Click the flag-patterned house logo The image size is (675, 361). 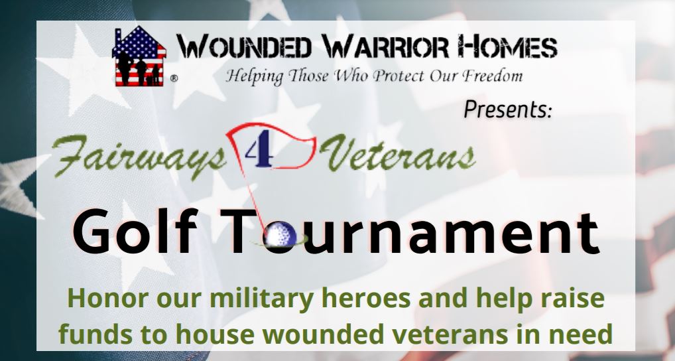coord(139,56)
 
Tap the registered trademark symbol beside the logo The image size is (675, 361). coord(174,78)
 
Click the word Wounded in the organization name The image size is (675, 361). coord(244,46)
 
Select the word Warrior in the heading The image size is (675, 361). coord(385,46)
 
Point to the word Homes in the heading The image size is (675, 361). coord(507,46)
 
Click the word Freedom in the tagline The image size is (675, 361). coord(493,76)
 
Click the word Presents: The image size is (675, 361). coord(508,109)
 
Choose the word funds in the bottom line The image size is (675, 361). coord(95,334)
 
